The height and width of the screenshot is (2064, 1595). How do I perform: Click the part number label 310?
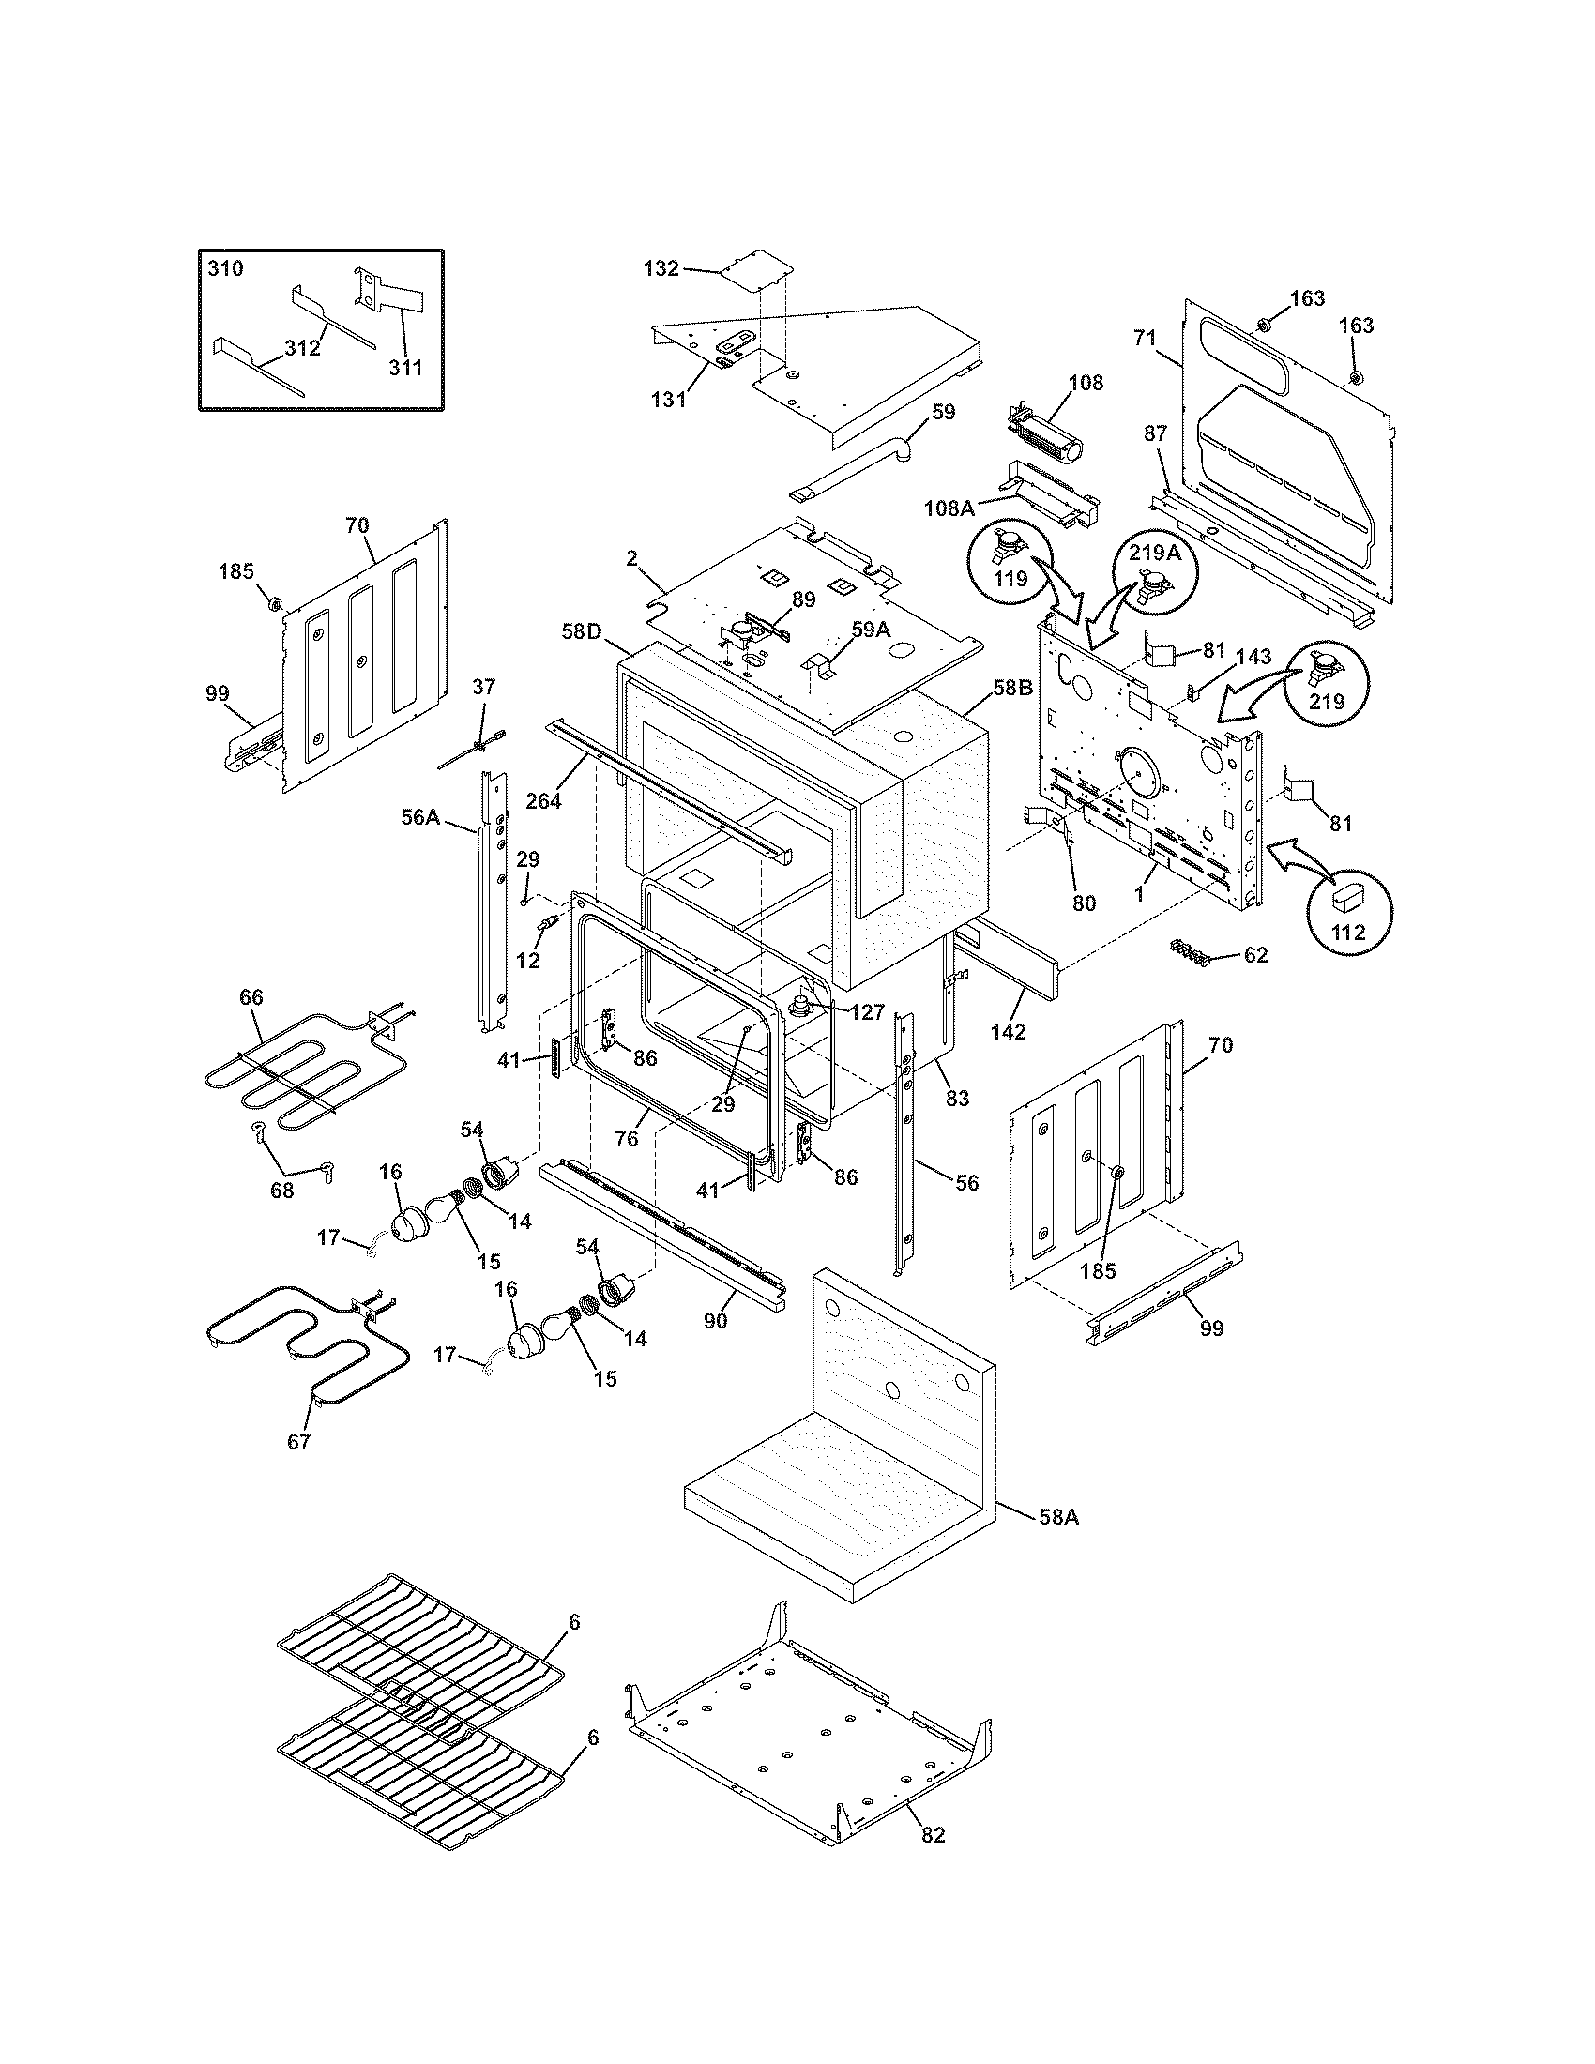tap(225, 268)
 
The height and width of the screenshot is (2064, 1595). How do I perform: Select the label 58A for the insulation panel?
tap(1059, 1517)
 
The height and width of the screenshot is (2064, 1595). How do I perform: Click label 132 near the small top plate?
tap(661, 268)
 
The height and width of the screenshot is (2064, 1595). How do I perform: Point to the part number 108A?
tap(949, 508)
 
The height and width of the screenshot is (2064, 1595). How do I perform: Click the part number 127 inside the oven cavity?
tap(868, 1012)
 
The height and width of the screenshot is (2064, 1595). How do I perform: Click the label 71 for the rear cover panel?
tap(1145, 338)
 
